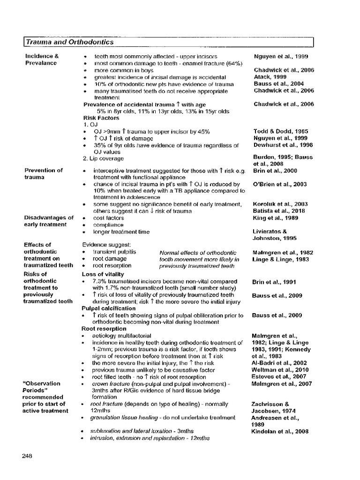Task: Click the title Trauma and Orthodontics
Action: [x=70, y=42]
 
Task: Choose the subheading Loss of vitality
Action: [x=103, y=274]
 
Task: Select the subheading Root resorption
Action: [x=104, y=329]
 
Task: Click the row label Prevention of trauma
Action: [x=44, y=174]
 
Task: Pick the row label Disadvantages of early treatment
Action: [x=49, y=221]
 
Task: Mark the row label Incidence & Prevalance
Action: [x=42, y=60]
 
